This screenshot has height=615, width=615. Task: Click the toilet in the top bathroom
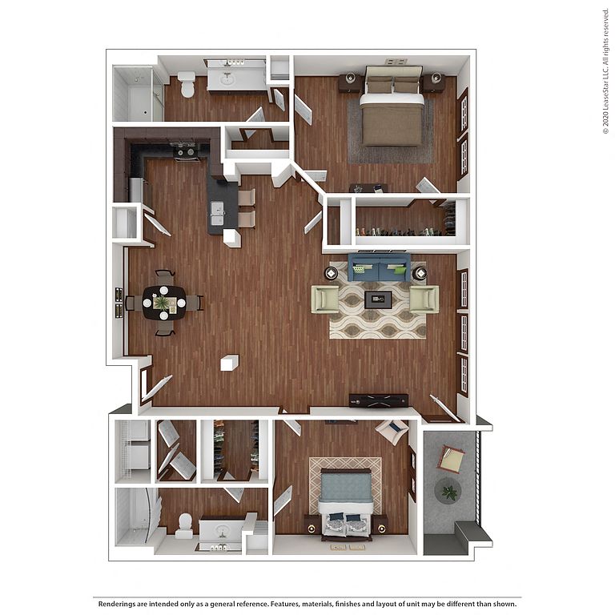[x=187, y=83]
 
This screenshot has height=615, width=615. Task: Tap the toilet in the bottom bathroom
[x=184, y=526]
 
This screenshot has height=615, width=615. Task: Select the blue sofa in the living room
[x=379, y=267]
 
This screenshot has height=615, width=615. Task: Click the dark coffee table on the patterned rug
[x=378, y=299]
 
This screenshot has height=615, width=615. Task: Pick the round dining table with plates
[x=164, y=303]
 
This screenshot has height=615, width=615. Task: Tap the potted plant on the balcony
[x=448, y=492]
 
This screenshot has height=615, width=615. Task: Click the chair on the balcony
[x=451, y=459]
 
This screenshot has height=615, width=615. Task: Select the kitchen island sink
[x=217, y=213]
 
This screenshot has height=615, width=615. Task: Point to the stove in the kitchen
[x=185, y=151]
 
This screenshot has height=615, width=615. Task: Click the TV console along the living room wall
[x=379, y=400]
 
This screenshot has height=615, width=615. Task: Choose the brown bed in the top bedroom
[x=392, y=106]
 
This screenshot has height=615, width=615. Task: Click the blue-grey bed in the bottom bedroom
[x=345, y=503]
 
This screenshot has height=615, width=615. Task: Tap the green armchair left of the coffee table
[x=325, y=299]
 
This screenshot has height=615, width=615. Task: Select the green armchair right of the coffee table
[x=424, y=299]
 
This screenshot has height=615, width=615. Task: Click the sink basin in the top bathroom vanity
[x=227, y=80]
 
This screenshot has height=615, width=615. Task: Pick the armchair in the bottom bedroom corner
[x=392, y=431]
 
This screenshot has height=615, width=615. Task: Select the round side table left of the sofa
[x=331, y=273]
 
